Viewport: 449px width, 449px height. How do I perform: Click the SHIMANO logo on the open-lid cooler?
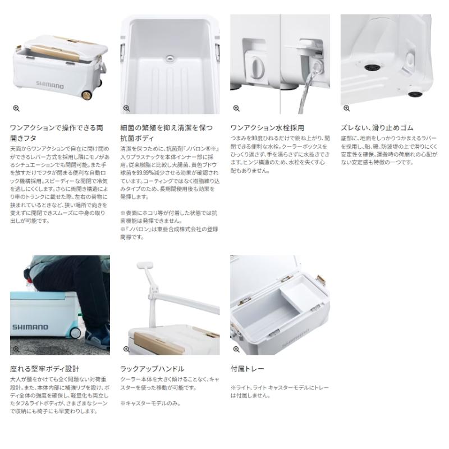[50, 86]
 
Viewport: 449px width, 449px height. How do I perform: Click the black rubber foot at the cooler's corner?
[418, 94]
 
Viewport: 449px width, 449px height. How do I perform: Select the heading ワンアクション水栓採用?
[268, 128]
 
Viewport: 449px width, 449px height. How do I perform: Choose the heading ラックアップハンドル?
[152, 369]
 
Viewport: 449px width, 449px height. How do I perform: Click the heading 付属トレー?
[247, 369]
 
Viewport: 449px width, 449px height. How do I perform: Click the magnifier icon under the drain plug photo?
[236, 108]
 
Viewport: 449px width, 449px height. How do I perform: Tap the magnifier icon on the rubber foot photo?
[346, 108]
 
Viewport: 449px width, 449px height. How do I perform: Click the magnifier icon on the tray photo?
[236, 349]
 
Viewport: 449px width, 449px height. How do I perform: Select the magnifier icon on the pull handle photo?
[126, 349]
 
